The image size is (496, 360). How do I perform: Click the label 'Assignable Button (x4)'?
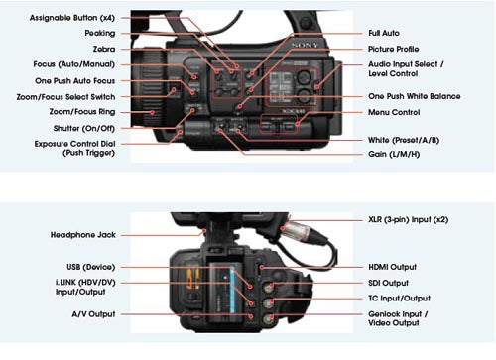click(72, 18)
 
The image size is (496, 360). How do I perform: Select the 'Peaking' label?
click(100, 33)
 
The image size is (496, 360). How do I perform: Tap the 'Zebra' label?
click(104, 49)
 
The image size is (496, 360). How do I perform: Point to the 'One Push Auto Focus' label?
click(75, 81)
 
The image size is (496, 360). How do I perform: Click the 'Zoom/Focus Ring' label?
click(82, 112)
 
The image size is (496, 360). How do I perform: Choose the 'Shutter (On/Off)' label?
click(84, 128)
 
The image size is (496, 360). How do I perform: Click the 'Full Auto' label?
click(384, 33)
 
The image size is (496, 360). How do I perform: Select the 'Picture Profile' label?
click(394, 49)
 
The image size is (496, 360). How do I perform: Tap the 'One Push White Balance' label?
click(415, 96)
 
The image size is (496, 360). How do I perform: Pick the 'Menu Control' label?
click(394, 112)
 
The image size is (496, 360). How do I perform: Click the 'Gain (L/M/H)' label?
click(394, 154)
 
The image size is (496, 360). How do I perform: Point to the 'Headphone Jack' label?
click(83, 235)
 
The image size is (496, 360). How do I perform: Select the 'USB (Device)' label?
click(91, 267)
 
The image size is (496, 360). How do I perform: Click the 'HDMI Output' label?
click(392, 267)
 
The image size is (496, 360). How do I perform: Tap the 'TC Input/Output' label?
click(399, 299)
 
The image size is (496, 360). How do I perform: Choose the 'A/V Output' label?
click(93, 314)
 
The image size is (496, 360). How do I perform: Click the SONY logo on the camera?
click(305, 45)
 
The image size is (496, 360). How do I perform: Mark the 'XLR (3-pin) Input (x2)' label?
click(409, 220)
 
